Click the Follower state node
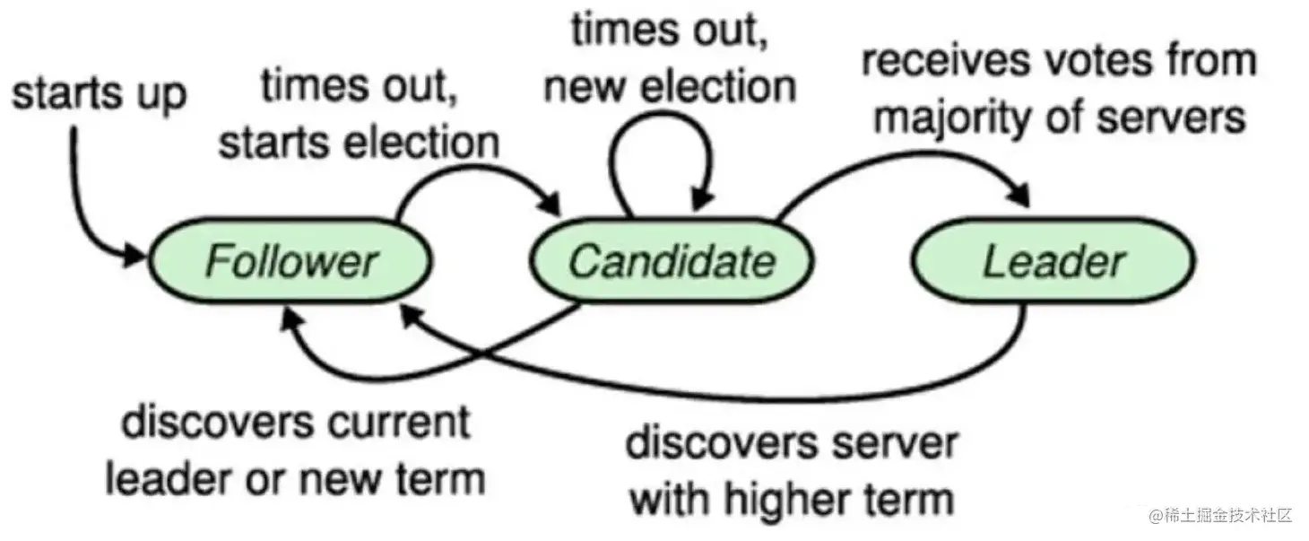(289, 261)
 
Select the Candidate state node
(672, 261)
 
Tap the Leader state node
(1053, 261)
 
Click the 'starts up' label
(99, 93)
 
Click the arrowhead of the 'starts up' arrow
(134, 256)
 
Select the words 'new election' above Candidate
(670, 87)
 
